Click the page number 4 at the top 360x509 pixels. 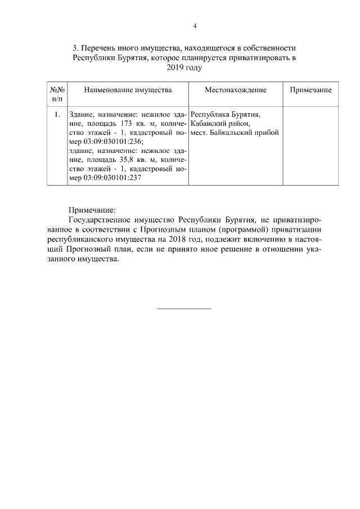click(x=195, y=26)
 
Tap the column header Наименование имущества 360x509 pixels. click(x=128, y=90)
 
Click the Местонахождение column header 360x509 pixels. click(x=235, y=90)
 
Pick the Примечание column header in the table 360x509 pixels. click(x=310, y=90)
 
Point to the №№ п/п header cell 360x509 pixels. click(x=57, y=94)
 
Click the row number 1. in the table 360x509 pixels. click(x=57, y=115)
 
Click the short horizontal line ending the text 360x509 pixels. click(x=183, y=308)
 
